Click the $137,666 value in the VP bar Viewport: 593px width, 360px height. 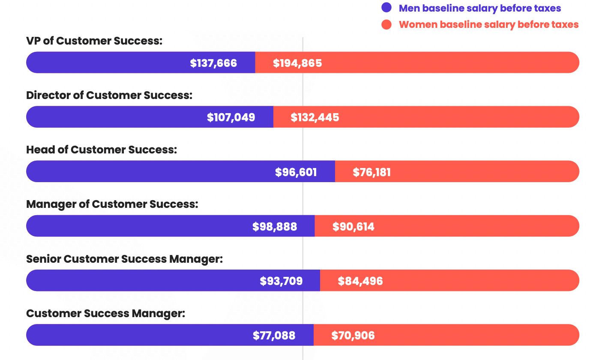tap(213, 63)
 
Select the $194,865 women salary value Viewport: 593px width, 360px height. tap(297, 63)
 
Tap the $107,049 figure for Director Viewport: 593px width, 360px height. tap(231, 117)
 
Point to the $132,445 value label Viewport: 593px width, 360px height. tap(315, 117)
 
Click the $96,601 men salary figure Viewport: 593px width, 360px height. tap(296, 172)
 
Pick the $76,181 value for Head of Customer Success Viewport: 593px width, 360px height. tap(371, 172)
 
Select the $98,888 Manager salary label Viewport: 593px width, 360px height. tap(275, 227)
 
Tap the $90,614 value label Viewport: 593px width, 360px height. tap(353, 227)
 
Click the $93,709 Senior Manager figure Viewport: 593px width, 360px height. tap(281, 281)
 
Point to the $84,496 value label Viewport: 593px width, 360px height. tap(360, 281)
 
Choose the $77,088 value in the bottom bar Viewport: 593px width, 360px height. tap(274, 336)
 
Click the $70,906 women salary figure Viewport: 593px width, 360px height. tap(353, 336)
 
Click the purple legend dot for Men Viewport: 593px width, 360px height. tap(386, 8)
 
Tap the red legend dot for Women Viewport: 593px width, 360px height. tap(386, 24)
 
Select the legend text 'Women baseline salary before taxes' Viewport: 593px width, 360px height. tap(488, 24)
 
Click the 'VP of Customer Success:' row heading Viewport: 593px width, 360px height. tap(94, 41)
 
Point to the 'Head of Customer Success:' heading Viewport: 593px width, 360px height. tap(102, 150)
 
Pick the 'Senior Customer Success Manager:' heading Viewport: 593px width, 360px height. tap(124, 259)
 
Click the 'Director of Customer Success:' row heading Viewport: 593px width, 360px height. tap(109, 95)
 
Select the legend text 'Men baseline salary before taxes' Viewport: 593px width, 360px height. tap(480, 8)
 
